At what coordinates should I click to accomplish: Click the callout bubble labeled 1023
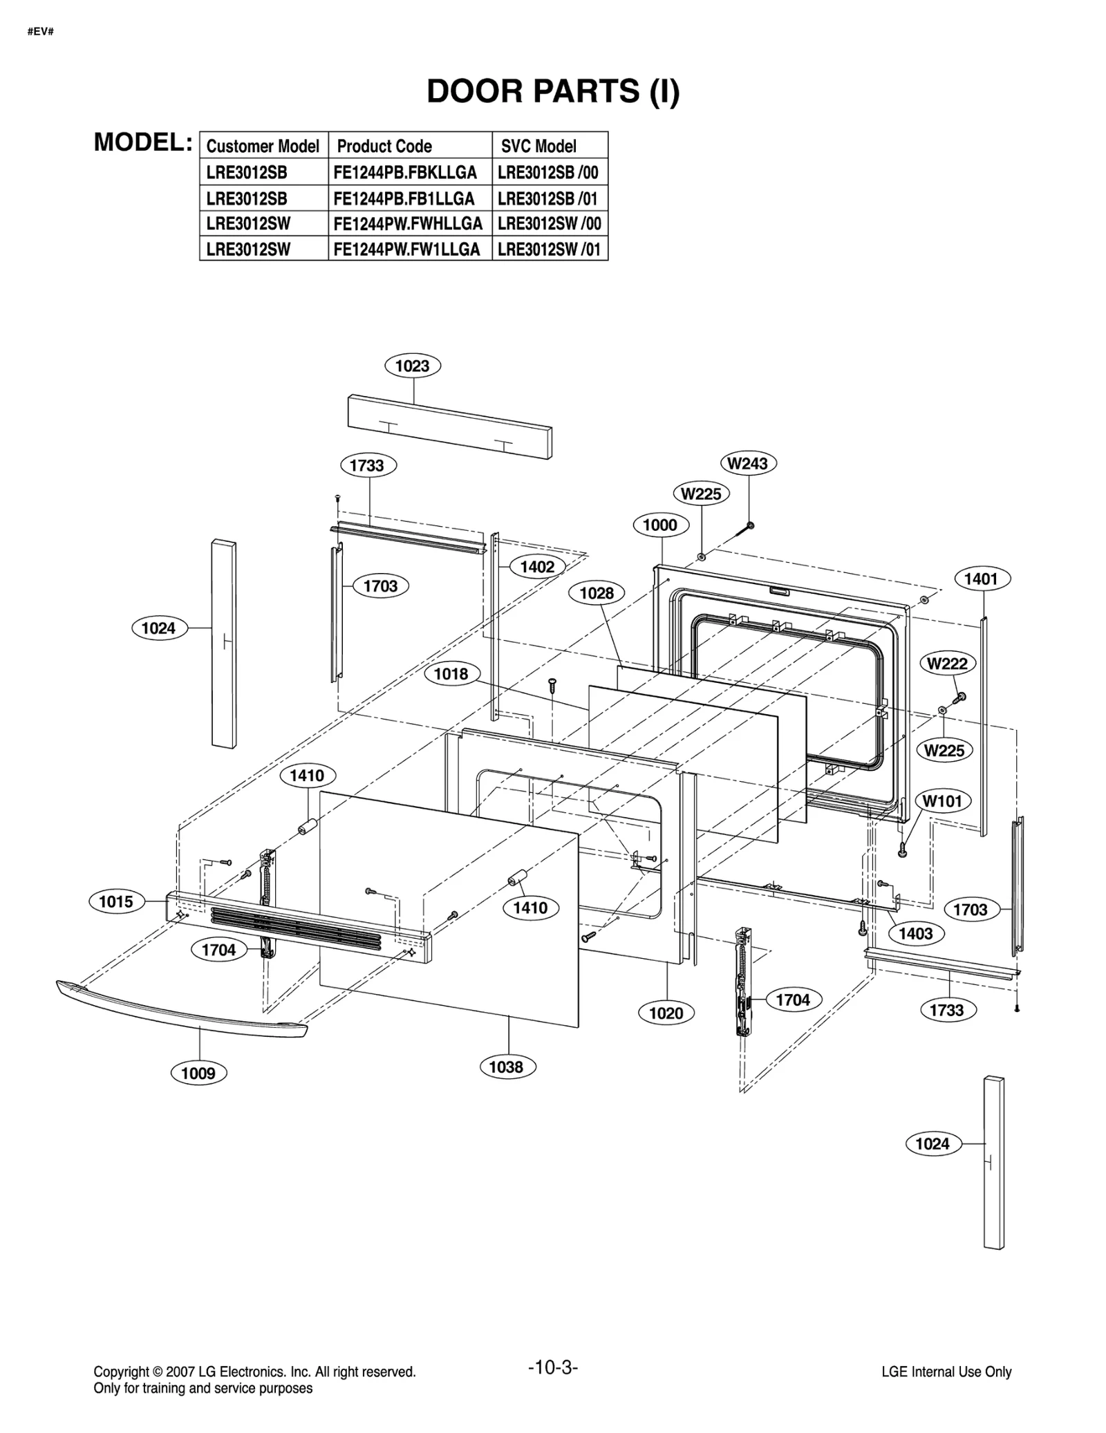[x=412, y=366]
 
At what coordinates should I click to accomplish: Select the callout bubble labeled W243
[x=748, y=463]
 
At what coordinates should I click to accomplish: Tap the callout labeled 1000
[x=660, y=525]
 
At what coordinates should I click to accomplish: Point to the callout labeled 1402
[x=537, y=567]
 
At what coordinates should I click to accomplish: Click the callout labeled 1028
[x=597, y=593]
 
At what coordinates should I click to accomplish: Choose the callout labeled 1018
[x=451, y=673]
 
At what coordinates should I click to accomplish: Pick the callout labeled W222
[x=947, y=664]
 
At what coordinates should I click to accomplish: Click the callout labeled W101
[x=942, y=801]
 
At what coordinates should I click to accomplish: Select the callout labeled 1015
[x=116, y=901]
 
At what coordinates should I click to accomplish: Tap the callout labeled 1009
[x=198, y=1073]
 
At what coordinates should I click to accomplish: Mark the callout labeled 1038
[x=506, y=1067]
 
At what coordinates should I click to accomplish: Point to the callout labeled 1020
[x=666, y=1013]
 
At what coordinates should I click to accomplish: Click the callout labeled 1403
[x=915, y=934]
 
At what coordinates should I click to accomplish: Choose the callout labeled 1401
[x=981, y=579]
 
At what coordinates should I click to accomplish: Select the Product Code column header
[x=384, y=146]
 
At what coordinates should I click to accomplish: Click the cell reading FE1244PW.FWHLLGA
[x=408, y=224]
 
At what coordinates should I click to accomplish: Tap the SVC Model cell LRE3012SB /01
[x=547, y=198]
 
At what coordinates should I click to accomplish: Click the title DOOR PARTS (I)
[x=553, y=91]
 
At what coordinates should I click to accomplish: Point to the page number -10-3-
[x=552, y=1367]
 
